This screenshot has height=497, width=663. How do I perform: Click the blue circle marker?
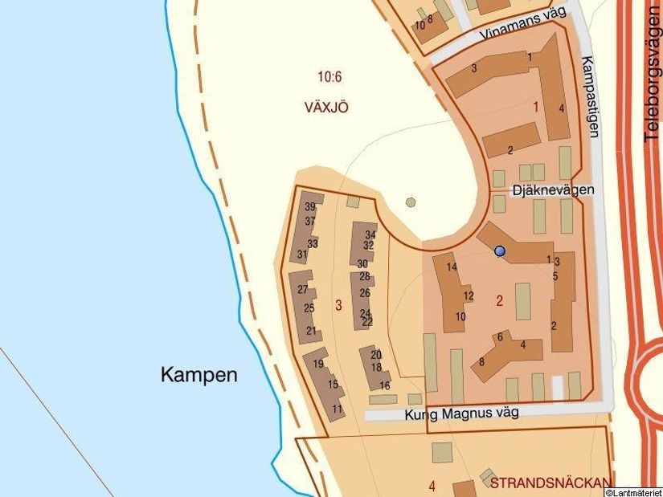[500, 251]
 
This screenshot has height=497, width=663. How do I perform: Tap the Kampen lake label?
[198, 374]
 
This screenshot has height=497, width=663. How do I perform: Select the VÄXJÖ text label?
[326, 108]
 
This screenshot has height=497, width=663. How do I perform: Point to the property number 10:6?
[329, 77]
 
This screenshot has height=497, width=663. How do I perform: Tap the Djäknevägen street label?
[554, 189]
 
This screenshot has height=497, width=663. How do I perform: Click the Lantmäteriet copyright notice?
[632, 492]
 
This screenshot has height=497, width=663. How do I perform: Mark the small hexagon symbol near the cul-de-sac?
[411, 202]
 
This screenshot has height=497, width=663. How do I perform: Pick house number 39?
[310, 207]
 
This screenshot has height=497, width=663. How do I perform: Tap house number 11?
[338, 409]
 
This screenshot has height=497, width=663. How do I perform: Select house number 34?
[370, 234]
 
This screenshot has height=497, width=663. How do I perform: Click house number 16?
[373, 386]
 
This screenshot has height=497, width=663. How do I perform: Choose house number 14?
[452, 267]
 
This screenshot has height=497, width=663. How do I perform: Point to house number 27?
[303, 289]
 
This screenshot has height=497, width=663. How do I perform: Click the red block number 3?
[338, 305]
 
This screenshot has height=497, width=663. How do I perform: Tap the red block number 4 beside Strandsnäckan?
[432, 486]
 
